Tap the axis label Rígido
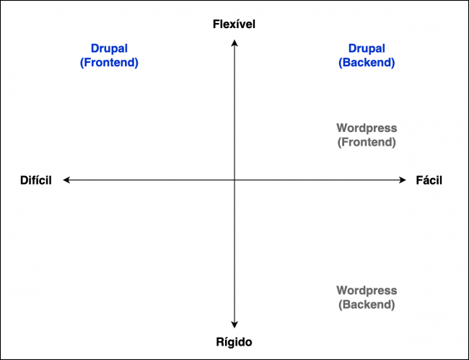[x=234, y=342]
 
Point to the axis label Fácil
[x=429, y=180]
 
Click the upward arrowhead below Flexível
[x=234, y=43]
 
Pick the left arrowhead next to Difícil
[x=66, y=180]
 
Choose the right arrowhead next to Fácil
[x=404, y=180]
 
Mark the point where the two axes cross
[x=234, y=180]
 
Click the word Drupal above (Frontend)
[x=109, y=49]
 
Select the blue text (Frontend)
[x=109, y=63]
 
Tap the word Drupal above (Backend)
[x=367, y=49]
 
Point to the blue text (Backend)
[x=367, y=63]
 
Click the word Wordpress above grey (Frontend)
[x=367, y=128]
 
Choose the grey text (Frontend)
[x=367, y=142]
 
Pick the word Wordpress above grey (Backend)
[x=367, y=291]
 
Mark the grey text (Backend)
[x=367, y=304]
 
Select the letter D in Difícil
[x=23, y=180]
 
